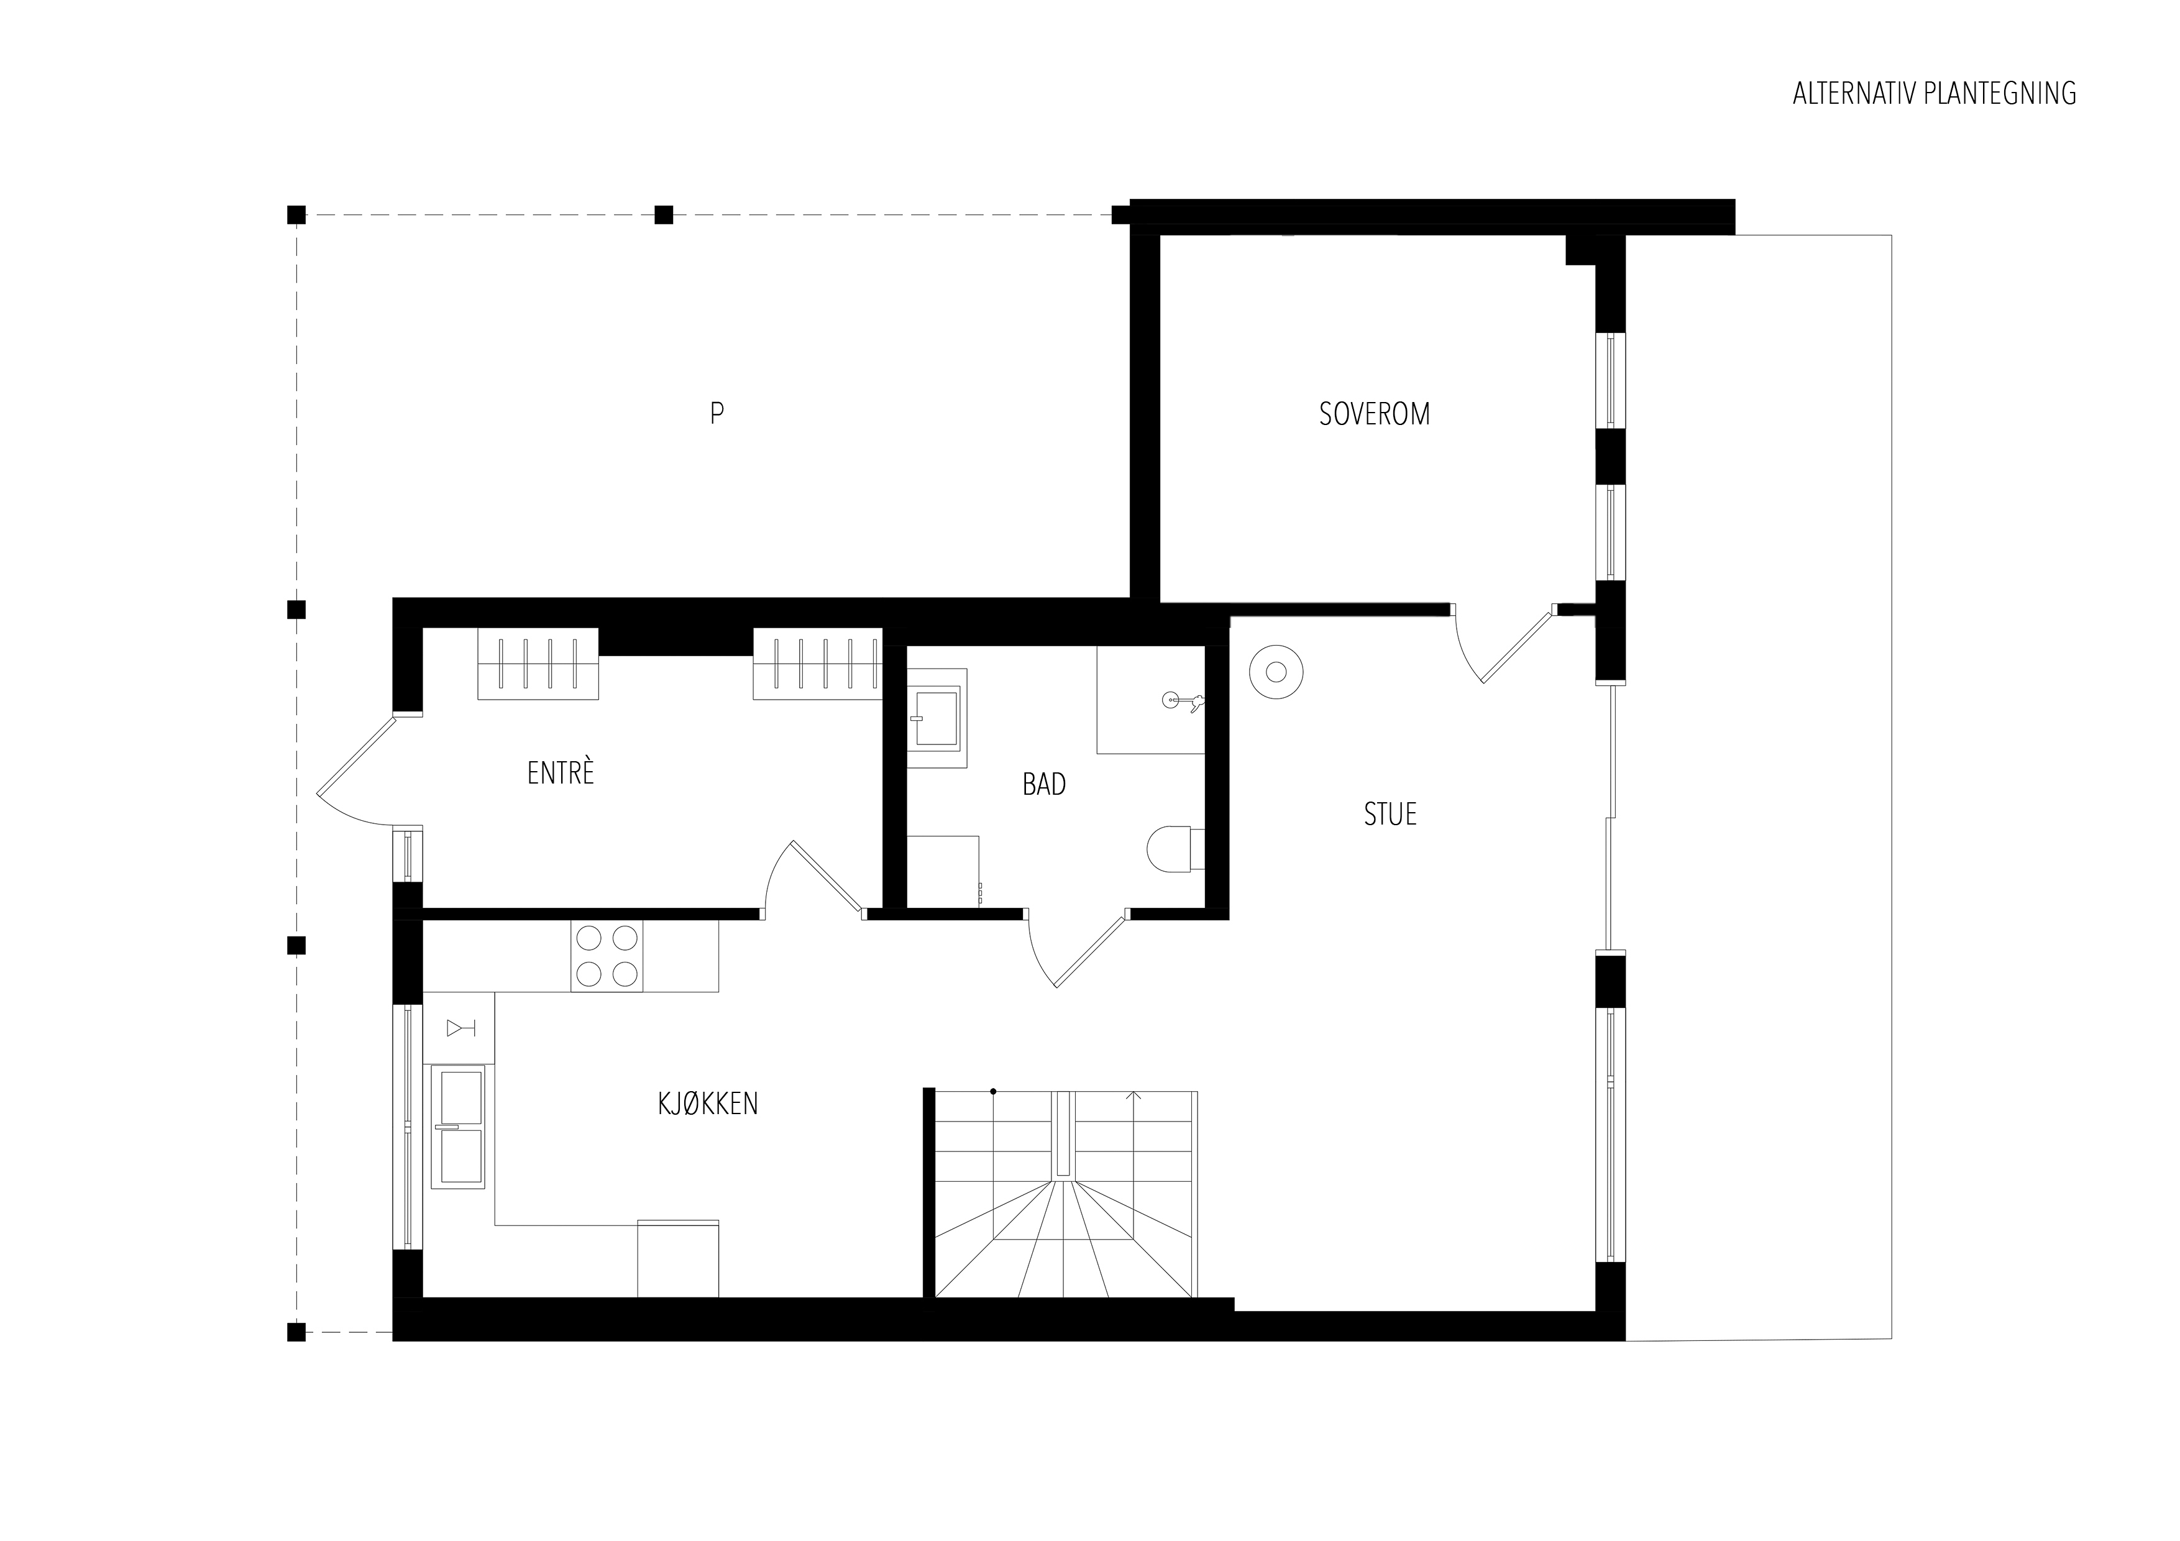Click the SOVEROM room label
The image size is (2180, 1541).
pos(1374,414)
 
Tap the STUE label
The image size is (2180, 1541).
pos(1390,815)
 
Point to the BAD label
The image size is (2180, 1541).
pos(1043,784)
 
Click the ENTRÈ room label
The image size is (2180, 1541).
pos(560,773)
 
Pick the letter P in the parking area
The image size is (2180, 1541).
pos(717,414)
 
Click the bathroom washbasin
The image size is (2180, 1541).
pos(936,719)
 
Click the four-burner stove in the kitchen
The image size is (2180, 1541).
pos(607,956)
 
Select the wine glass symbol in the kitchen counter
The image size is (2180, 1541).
pos(459,1027)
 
